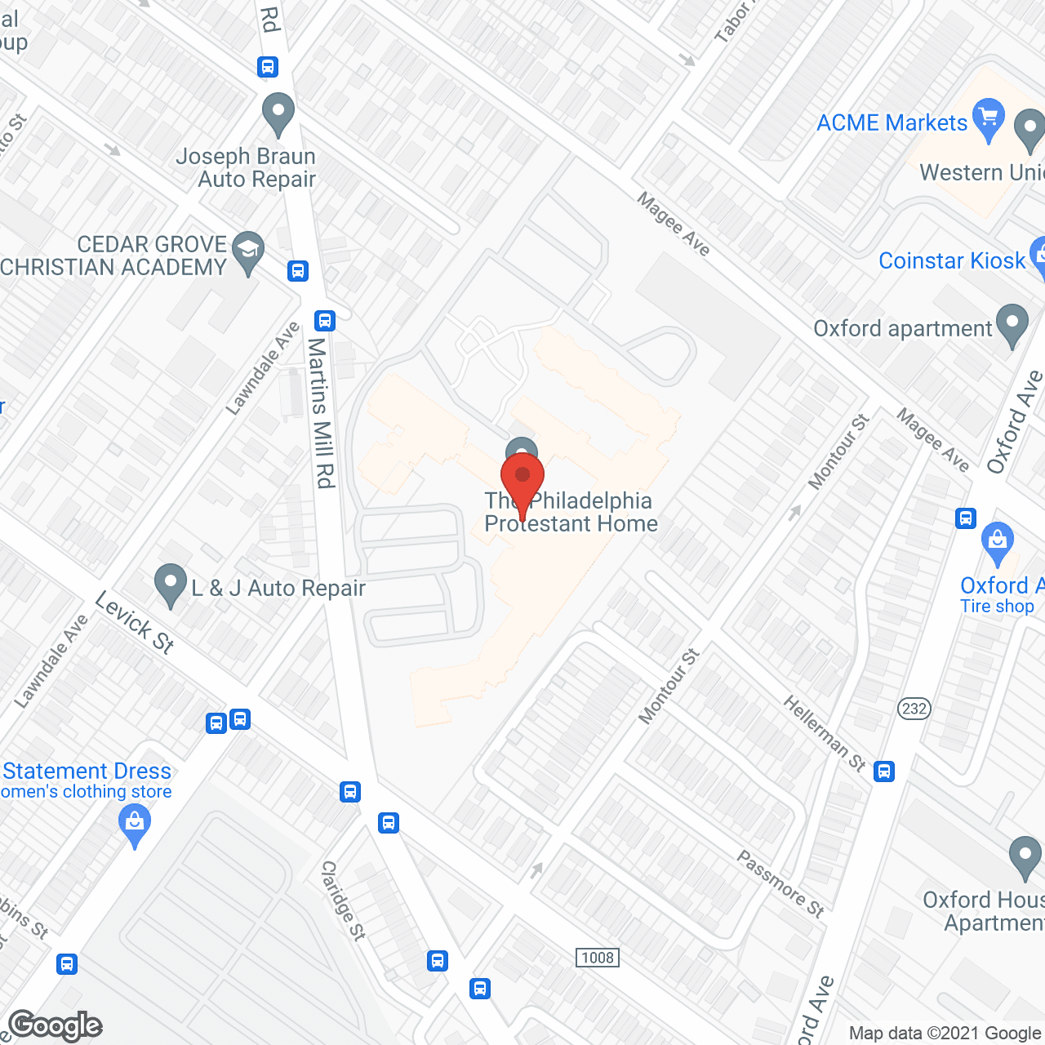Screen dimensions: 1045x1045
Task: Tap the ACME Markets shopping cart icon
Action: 989,118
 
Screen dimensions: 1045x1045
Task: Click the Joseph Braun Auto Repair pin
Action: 278,113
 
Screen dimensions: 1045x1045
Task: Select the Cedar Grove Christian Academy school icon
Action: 248,252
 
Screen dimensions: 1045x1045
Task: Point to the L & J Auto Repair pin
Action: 171,585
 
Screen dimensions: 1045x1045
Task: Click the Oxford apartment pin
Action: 1013,324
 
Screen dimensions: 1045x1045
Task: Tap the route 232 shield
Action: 914,708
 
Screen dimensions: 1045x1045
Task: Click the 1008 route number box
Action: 598,958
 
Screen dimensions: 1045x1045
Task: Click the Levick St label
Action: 135,623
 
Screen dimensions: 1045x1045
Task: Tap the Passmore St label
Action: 780,883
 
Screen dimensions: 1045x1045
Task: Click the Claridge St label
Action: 343,900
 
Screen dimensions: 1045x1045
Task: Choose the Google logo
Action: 55,1025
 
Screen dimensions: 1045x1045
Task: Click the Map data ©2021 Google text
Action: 945,1033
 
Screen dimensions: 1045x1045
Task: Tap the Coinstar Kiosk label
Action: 951,260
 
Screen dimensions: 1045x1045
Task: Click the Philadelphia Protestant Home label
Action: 571,512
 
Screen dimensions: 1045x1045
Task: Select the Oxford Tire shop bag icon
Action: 997,543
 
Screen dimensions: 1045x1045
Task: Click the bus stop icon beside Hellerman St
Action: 884,771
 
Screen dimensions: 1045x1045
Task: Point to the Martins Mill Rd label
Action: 321,413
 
